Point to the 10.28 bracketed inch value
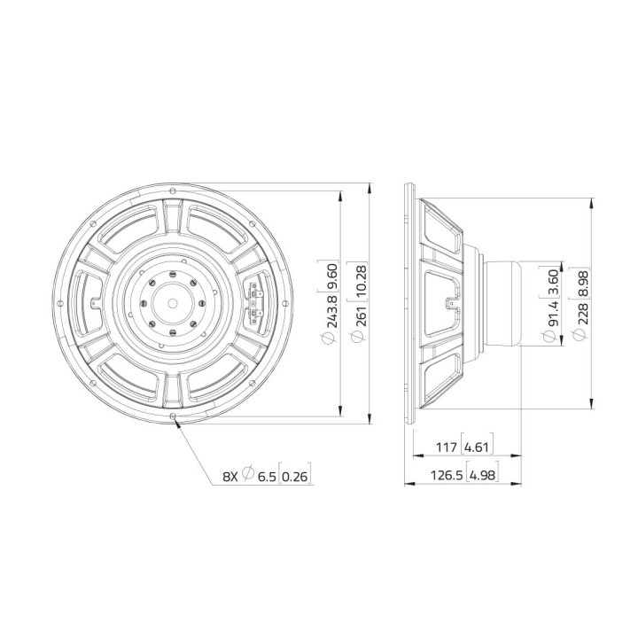(360, 280)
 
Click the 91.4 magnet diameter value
(553, 311)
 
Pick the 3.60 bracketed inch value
(553, 280)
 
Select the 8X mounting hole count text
(230, 478)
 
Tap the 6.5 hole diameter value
(267, 478)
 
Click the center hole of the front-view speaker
(171, 302)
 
